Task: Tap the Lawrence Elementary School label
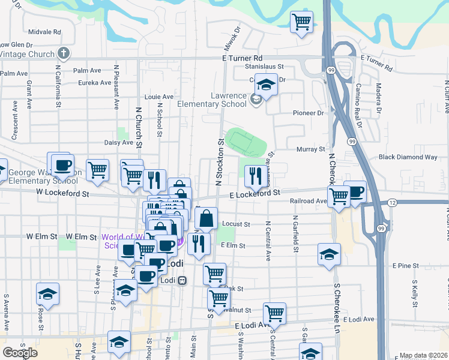[x=228, y=100]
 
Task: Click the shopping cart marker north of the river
[x=301, y=22]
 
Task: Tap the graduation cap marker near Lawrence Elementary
[x=265, y=85]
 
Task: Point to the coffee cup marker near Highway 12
[x=355, y=192]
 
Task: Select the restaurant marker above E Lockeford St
[x=255, y=175]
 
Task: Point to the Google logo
[x=20, y=353]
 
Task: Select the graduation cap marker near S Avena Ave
[x=47, y=294]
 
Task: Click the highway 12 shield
[x=391, y=204]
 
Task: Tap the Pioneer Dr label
[x=308, y=112]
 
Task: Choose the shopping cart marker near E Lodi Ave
[x=274, y=313]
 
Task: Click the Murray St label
[x=310, y=149]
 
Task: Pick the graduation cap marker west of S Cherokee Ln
[x=329, y=254]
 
